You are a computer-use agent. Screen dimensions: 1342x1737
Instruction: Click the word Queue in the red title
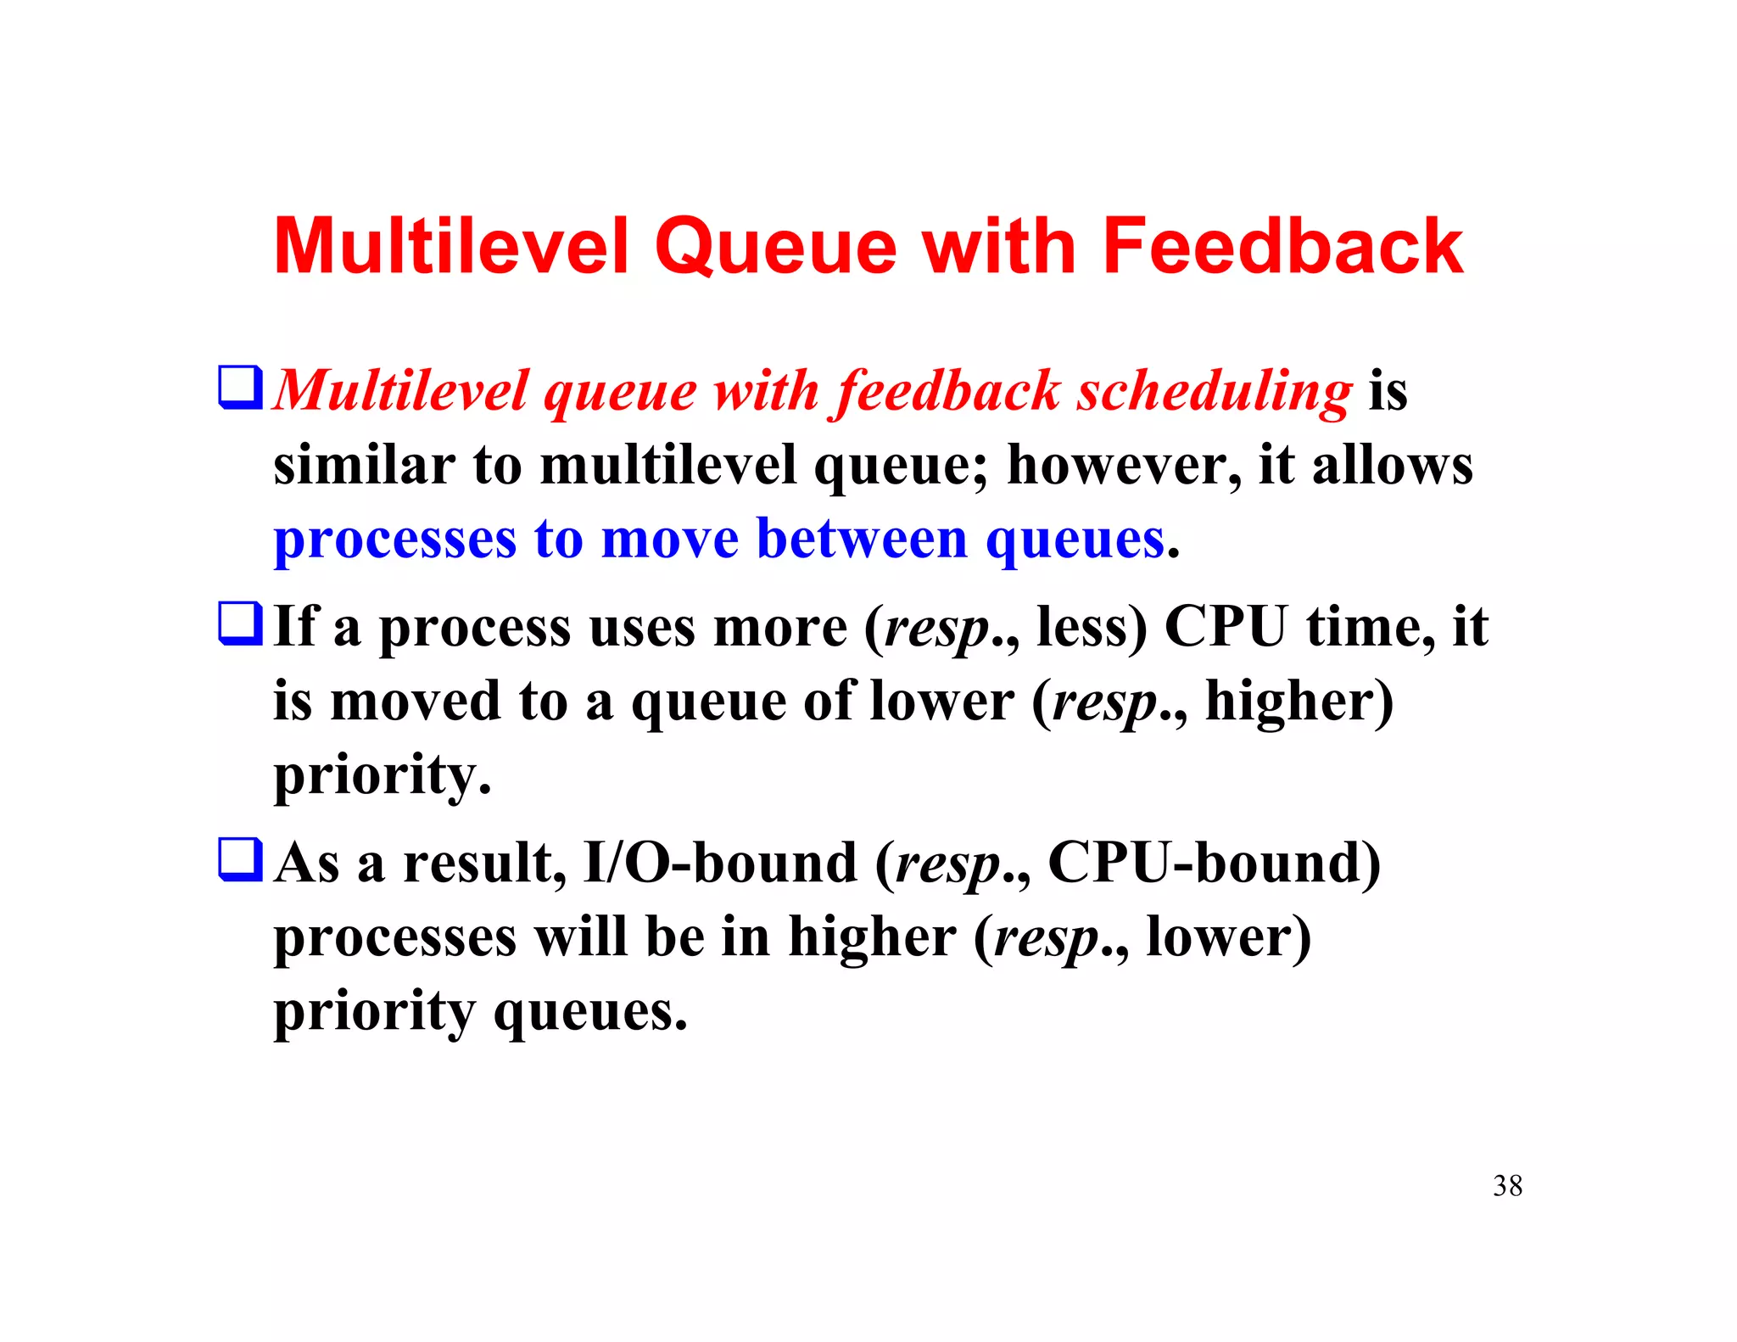775,249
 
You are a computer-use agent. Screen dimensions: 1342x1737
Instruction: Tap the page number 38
1507,1185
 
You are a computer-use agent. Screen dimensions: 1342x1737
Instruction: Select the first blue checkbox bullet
240,387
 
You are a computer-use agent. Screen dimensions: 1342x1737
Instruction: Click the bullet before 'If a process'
240,623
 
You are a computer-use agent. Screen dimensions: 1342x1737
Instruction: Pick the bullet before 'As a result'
240,858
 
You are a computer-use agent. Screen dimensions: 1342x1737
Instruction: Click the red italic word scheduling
1214,392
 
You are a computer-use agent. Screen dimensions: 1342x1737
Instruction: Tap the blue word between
862,539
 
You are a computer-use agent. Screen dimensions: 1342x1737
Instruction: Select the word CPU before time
1226,627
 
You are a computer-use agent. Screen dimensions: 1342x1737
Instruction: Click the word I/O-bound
720,863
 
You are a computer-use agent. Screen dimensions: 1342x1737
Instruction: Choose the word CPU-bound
1214,863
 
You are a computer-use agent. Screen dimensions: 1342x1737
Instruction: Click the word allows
1392,466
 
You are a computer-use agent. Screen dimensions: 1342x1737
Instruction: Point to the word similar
364,466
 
